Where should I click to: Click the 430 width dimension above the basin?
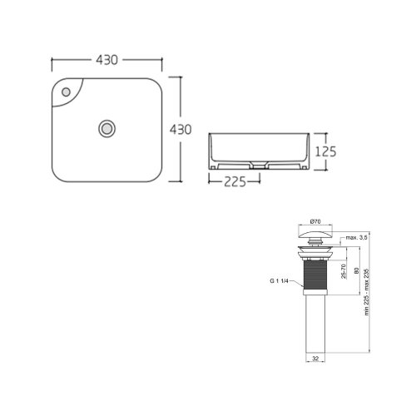106,61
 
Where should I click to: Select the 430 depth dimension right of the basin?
182,130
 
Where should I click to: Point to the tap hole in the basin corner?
67,89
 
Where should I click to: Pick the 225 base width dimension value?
237,184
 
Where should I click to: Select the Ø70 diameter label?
316,221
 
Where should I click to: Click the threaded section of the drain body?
315,275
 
